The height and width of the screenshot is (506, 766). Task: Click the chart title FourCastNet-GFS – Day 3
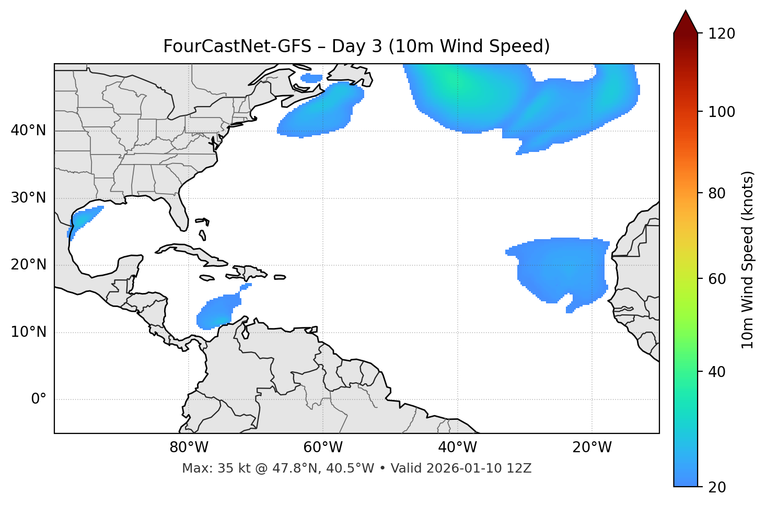356,46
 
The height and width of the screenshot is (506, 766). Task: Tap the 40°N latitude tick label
28,131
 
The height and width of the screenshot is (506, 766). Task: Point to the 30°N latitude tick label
28,198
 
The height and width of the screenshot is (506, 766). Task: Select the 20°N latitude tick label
28,265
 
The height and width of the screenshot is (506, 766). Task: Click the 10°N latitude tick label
28,332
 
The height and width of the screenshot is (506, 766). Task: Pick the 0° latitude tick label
39,399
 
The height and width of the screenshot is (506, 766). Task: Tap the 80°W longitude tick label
189,448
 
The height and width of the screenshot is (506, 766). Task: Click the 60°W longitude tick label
323,448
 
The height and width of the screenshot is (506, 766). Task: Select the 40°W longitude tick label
457,448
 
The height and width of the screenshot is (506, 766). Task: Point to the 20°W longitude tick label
591,448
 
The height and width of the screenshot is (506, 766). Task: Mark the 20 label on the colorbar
718,487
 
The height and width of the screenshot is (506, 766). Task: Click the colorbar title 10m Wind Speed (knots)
748,260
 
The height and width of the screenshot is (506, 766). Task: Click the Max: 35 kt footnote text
356,468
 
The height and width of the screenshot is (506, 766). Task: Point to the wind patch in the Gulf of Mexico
84,219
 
